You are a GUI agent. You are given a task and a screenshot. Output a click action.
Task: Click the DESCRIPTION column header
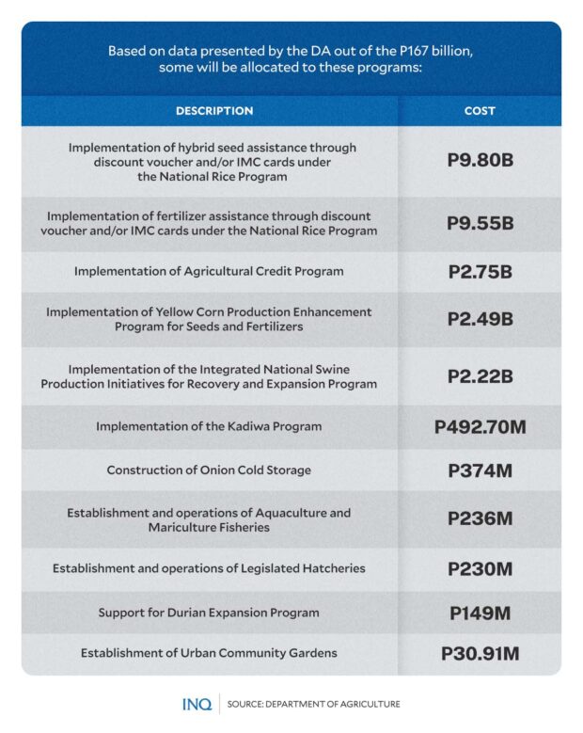[213, 111]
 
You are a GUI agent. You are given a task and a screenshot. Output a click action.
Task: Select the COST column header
[480, 111]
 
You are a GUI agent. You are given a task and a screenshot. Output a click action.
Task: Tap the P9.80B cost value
[480, 161]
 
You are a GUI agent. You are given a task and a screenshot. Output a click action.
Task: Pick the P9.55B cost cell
[480, 224]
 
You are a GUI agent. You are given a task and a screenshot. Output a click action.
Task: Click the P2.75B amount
[480, 272]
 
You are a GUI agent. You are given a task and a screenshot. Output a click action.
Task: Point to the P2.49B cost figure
[480, 319]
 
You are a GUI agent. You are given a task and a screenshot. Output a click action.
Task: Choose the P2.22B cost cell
[480, 376]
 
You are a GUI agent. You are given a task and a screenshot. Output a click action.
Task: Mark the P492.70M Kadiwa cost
[480, 427]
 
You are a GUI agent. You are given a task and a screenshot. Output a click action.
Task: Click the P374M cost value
[480, 470]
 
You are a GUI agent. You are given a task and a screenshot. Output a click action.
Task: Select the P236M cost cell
[480, 519]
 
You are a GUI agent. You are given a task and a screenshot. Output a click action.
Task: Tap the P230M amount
[480, 568]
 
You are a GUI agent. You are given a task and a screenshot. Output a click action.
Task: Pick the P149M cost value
[480, 613]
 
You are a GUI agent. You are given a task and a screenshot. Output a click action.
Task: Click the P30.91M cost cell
[480, 653]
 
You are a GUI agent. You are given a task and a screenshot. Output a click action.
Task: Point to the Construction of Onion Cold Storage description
[209, 470]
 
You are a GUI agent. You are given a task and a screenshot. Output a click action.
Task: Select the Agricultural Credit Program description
[209, 272]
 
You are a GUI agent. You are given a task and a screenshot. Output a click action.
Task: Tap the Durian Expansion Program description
[209, 613]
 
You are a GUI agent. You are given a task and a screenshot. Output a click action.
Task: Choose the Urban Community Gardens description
[209, 653]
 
